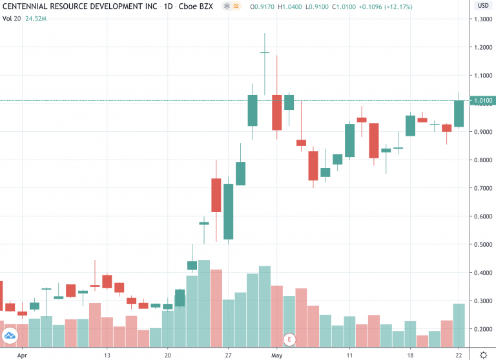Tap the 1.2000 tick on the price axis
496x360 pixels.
click(481, 47)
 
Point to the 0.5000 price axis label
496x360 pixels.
click(481, 245)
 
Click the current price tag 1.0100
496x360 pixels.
click(481, 101)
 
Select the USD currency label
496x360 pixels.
click(482, 6)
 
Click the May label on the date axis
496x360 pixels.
click(277, 355)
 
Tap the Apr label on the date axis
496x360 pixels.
click(23, 355)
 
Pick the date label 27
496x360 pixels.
click(228, 355)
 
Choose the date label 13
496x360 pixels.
click(107, 355)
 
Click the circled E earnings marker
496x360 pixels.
click(290, 339)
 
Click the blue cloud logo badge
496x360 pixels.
click(9, 335)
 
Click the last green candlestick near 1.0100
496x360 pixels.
click(459, 114)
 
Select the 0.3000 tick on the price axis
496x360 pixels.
click(481, 301)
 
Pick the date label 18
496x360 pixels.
click(411, 355)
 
